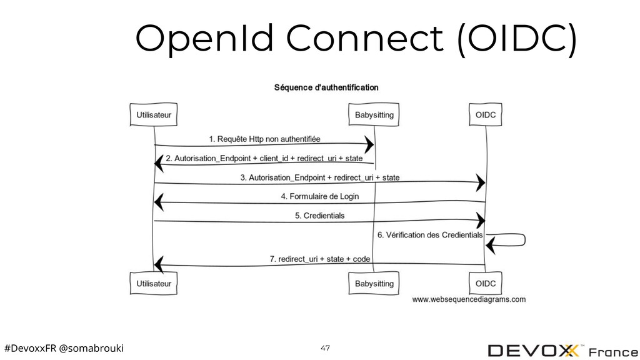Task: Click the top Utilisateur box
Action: click(154, 115)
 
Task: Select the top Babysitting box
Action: click(374, 115)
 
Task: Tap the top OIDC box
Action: click(485, 115)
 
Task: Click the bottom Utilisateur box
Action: click(154, 283)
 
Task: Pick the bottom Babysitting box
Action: click(374, 283)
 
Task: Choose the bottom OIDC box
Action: click(485, 283)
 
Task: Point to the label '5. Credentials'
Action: click(319, 216)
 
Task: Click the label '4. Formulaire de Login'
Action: click(319, 196)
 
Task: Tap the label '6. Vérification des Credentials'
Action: click(430, 235)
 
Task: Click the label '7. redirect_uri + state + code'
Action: click(319, 259)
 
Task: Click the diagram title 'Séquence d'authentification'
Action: click(326, 87)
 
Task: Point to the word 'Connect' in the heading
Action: click(364, 38)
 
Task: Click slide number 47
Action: click(325, 347)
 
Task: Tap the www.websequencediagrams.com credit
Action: click(469, 299)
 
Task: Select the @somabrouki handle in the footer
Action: click(91, 348)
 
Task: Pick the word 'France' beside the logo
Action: click(614, 352)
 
